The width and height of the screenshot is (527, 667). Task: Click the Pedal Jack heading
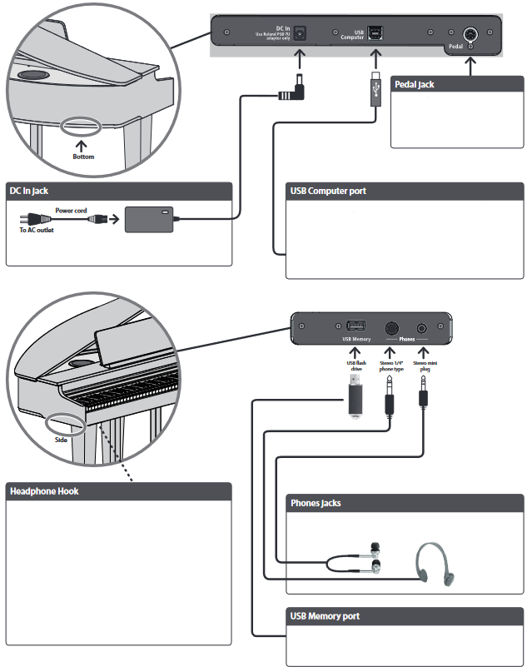(x=414, y=84)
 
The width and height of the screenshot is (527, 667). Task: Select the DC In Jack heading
(x=30, y=192)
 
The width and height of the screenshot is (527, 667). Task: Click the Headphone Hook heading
(x=44, y=491)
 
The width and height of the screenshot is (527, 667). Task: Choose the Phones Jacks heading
(x=316, y=503)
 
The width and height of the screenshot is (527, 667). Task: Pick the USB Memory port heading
(x=325, y=616)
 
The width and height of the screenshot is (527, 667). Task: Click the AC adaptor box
(x=148, y=220)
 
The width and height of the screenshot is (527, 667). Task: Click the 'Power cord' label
(x=72, y=212)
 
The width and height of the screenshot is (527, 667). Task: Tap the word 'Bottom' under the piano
(x=85, y=157)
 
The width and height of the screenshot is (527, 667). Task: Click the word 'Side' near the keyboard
(x=61, y=440)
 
